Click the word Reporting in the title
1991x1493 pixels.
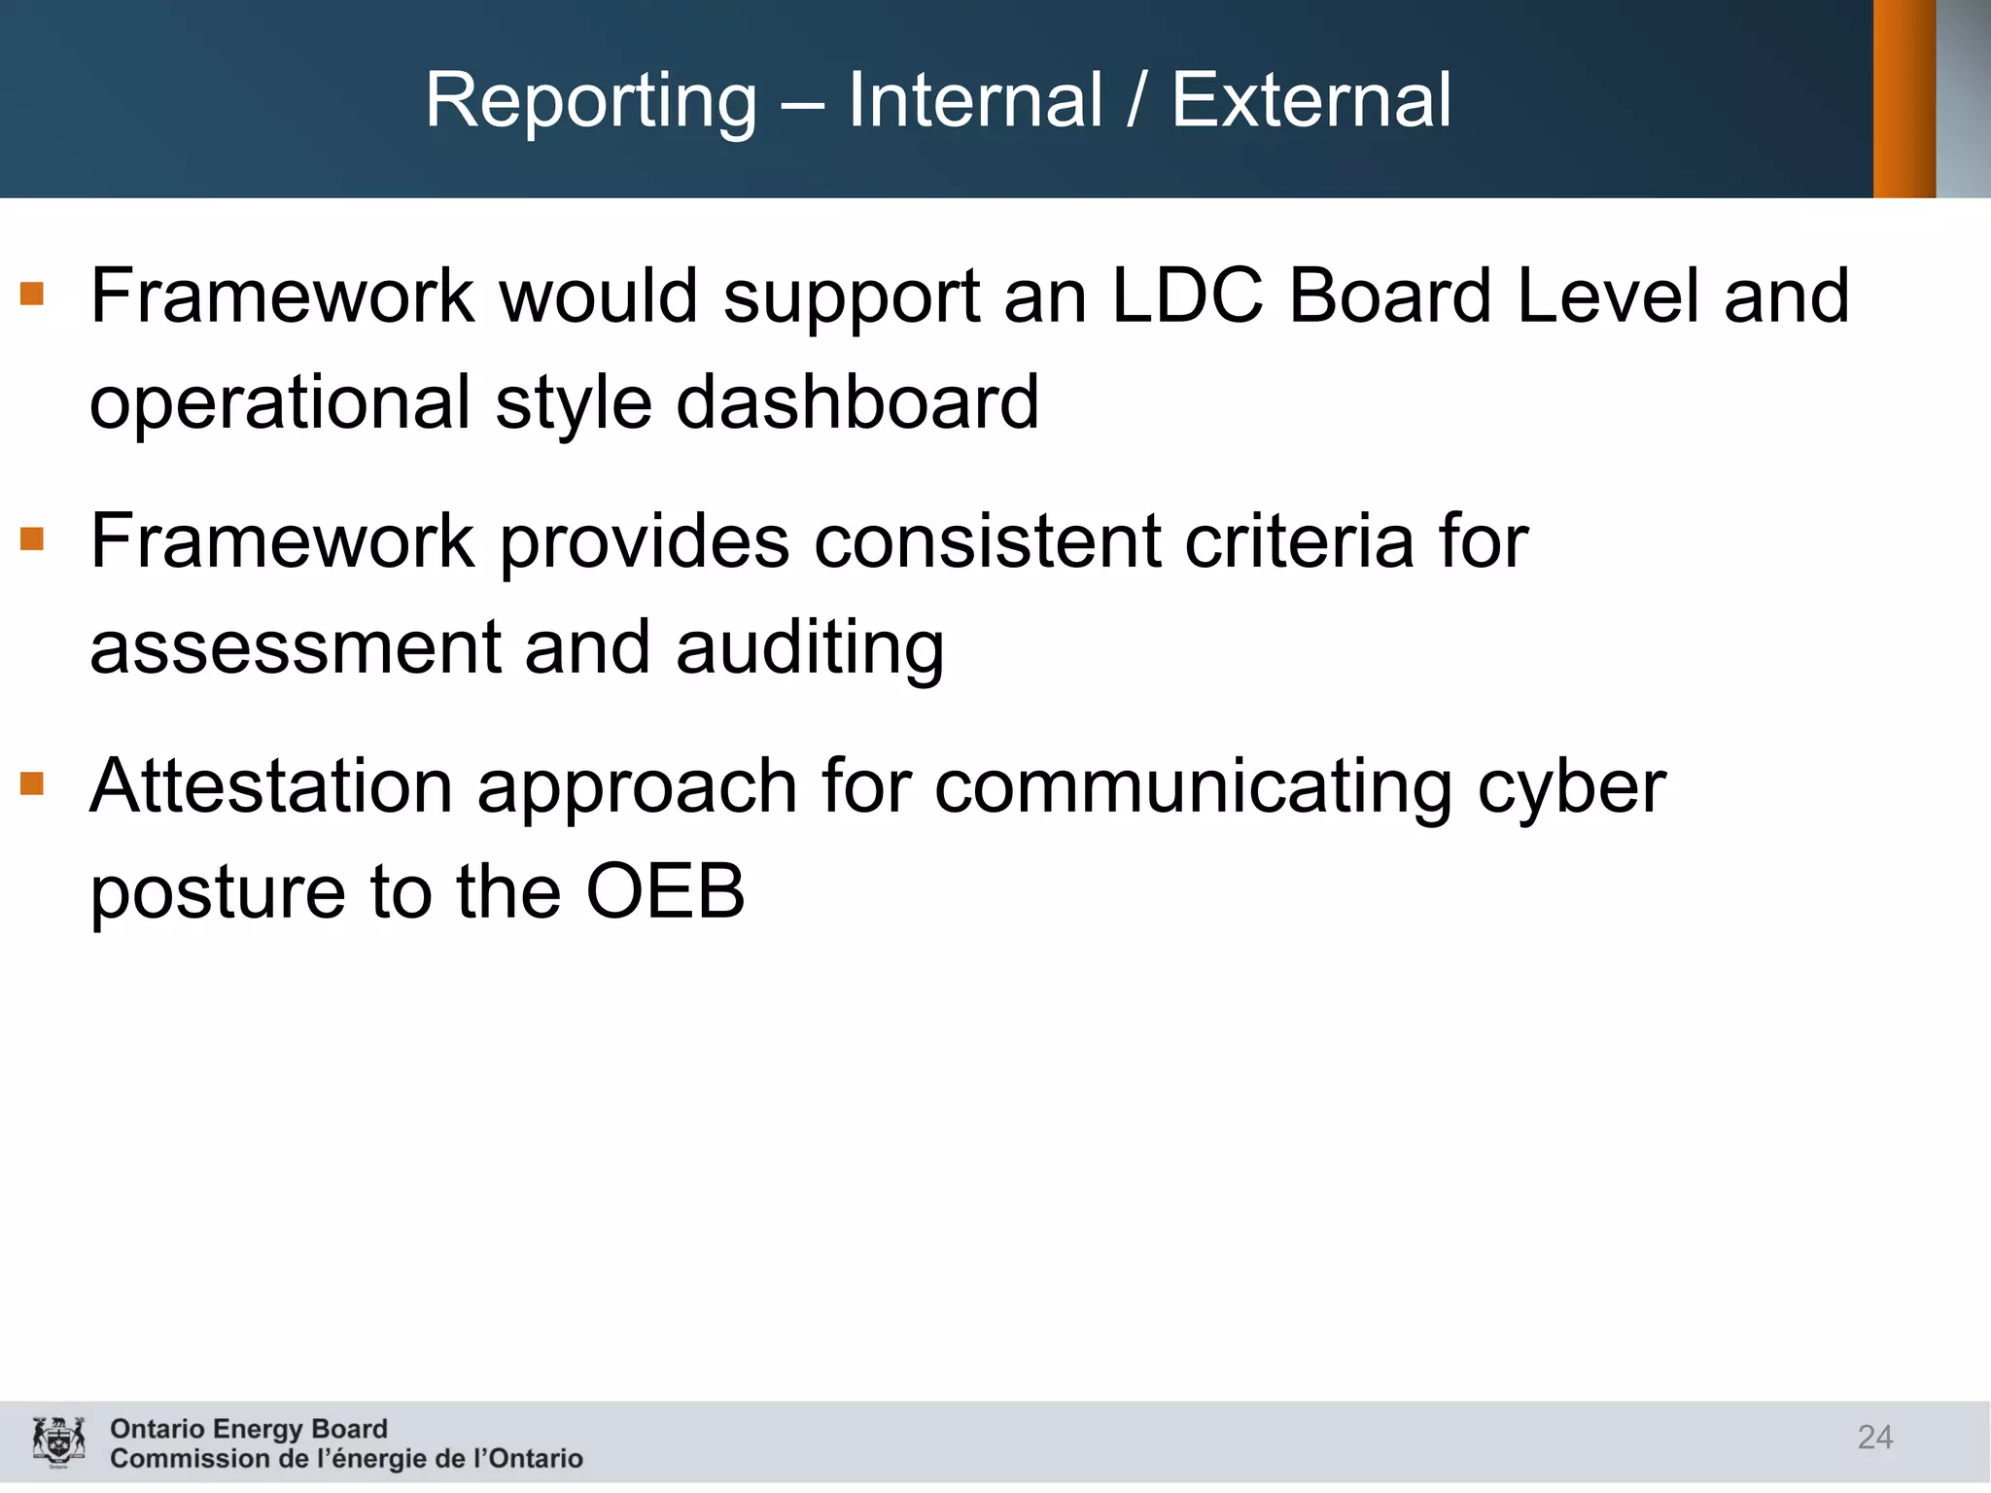tap(590, 102)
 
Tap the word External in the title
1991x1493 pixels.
tap(1310, 100)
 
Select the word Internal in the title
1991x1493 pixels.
tap(975, 100)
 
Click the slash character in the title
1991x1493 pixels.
tap(1136, 102)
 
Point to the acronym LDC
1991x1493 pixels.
tap(1186, 295)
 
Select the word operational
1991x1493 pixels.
tap(280, 404)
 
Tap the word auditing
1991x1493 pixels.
tap(809, 649)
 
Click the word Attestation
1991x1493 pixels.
tap(271, 786)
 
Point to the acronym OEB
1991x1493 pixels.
tap(665, 891)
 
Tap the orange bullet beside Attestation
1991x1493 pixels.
tap(32, 782)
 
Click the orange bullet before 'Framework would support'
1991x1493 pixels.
tap(32, 293)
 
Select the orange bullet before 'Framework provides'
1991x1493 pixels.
tap(32, 538)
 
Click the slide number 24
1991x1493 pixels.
tap(1874, 1437)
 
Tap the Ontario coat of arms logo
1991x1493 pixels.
tap(58, 1441)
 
